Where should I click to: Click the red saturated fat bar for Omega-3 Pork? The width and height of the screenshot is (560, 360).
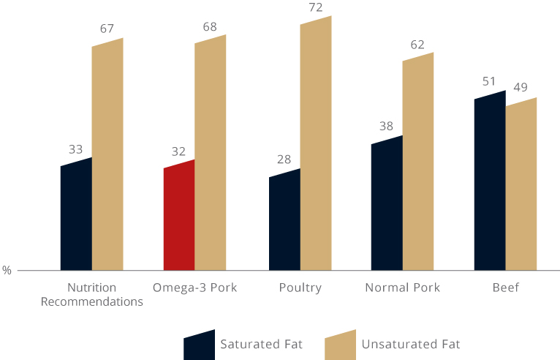(179, 216)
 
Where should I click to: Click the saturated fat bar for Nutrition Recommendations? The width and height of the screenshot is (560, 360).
(76, 216)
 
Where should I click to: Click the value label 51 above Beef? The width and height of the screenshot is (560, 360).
(489, 80)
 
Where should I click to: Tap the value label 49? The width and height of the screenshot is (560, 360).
(520, 88)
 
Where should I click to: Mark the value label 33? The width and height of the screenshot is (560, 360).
(76, 149)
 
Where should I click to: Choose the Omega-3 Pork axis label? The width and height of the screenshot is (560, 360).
(195, 288)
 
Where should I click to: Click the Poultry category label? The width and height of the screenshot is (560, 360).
(300, 288)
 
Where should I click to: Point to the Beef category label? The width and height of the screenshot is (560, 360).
(505, 288)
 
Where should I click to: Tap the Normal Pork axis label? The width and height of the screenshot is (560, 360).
(402, 288)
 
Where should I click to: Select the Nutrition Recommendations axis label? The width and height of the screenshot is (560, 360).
(91, 294)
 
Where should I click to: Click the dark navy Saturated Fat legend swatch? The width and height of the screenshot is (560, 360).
(199, 343)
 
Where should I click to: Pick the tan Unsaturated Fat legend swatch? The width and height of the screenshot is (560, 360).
(340, 343)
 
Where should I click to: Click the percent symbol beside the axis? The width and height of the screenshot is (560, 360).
(7, 270)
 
